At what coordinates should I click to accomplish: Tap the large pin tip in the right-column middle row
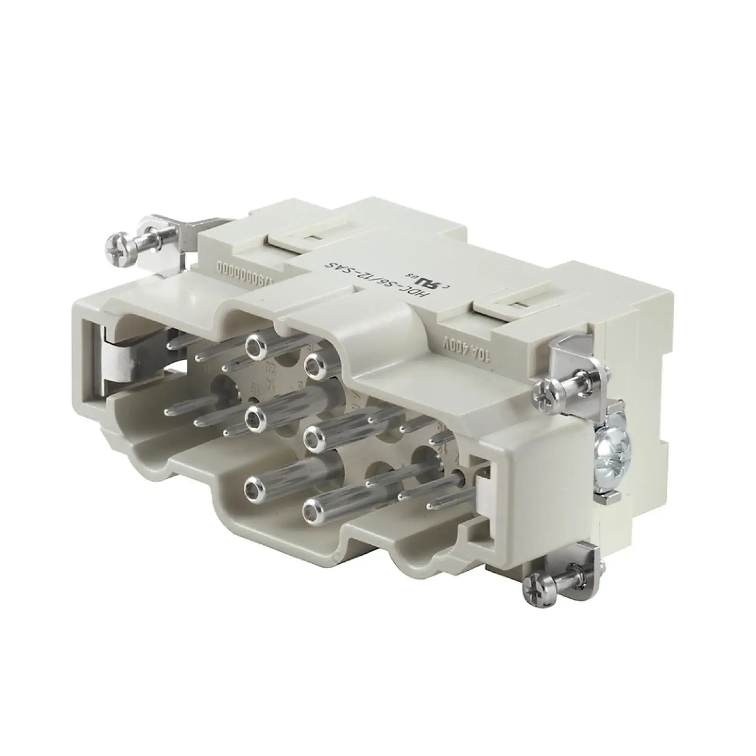click(315, 435)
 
